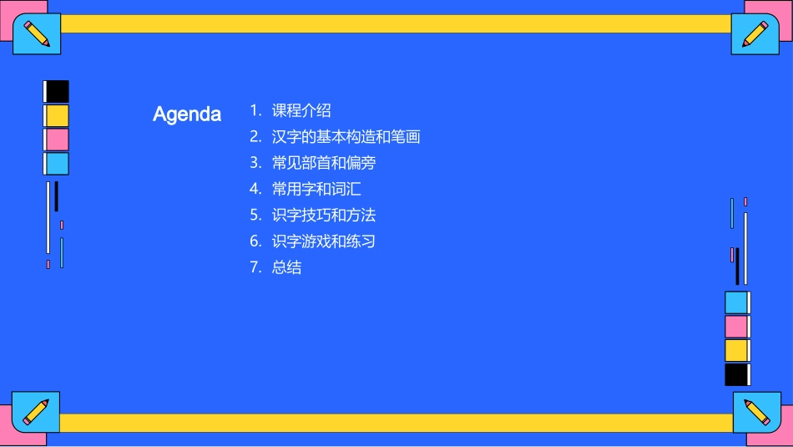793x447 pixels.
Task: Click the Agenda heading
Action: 187,114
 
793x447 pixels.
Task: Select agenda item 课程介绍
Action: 301,110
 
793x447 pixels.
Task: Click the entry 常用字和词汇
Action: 316,189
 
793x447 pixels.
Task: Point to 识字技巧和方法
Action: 324,215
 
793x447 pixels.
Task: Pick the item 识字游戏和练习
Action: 324,241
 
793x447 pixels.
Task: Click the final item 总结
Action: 286,267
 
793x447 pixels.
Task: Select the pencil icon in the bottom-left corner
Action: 36,411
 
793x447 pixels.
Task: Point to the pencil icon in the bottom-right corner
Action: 756,412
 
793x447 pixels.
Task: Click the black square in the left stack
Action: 57,91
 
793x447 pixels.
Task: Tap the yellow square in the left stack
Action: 57,115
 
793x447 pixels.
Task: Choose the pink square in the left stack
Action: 57,140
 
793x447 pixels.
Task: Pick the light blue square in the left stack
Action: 57,164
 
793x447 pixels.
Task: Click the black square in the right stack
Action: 736,374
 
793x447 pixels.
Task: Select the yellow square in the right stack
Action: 736,350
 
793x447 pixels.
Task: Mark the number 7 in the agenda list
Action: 255,267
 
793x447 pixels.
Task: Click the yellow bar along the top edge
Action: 396,23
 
